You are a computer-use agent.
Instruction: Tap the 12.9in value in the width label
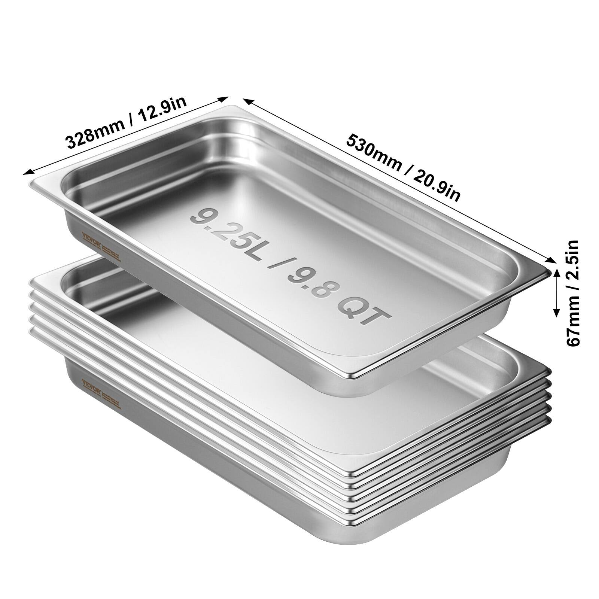pos(162,111)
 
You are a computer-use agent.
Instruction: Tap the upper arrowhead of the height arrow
pos(556,273)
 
